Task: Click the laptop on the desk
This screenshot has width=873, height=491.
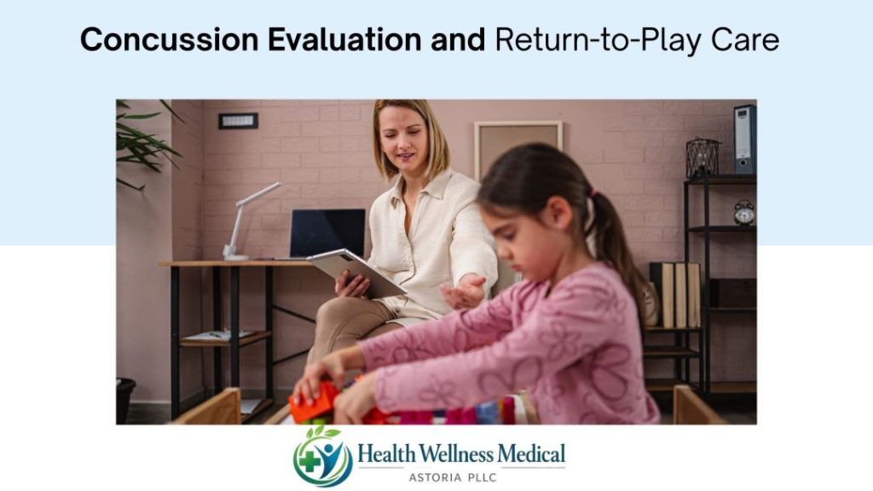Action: point(327,233)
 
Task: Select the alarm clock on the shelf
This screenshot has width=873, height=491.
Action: point(743,213)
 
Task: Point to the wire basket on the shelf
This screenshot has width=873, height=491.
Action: point(702,158)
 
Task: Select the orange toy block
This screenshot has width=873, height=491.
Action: point(314,403)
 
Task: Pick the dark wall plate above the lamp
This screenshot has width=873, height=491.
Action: point(238,120)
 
